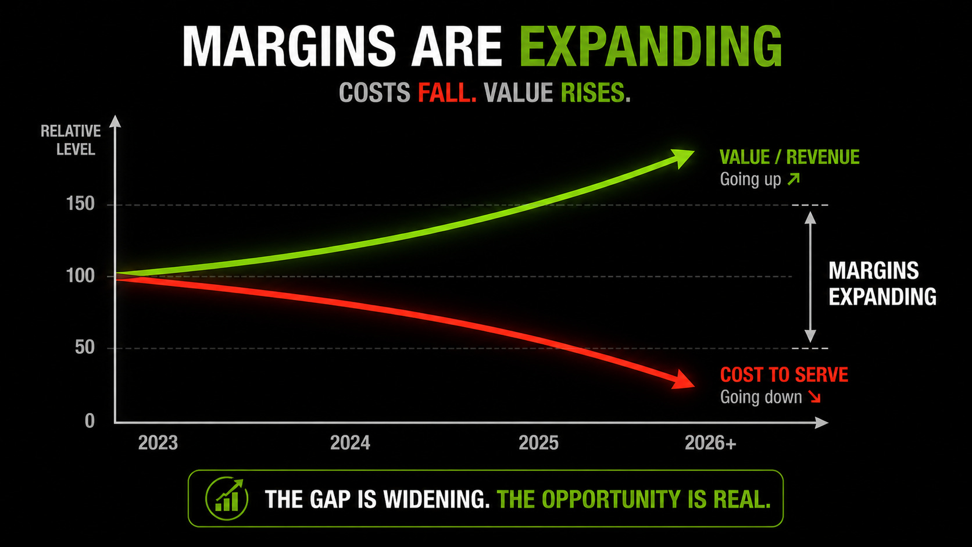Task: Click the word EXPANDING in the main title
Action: [651, 47]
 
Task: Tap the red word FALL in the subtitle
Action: [447, 93]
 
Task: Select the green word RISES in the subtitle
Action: [595, 93]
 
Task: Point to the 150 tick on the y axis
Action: [80, 203]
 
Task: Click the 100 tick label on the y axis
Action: [80, 276]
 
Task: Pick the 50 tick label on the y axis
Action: [85, 348]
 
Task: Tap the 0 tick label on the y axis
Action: [90, 421]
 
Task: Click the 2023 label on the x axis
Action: [158, 443]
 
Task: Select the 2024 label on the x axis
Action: [350, 443]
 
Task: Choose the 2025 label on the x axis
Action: [538, 443]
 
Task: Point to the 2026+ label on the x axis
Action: [710, 443]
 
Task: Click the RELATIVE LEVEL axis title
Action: [71, 140]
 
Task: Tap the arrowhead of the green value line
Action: [682, 158]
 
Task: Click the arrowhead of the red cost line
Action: [683, 380]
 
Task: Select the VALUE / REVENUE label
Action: [789, 157]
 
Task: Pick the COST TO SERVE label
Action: [784, 375]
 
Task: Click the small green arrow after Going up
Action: [794, 178]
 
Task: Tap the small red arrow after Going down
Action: [814, 396]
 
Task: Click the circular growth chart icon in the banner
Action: [227, 498]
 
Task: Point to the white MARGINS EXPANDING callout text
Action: [882, 284]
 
